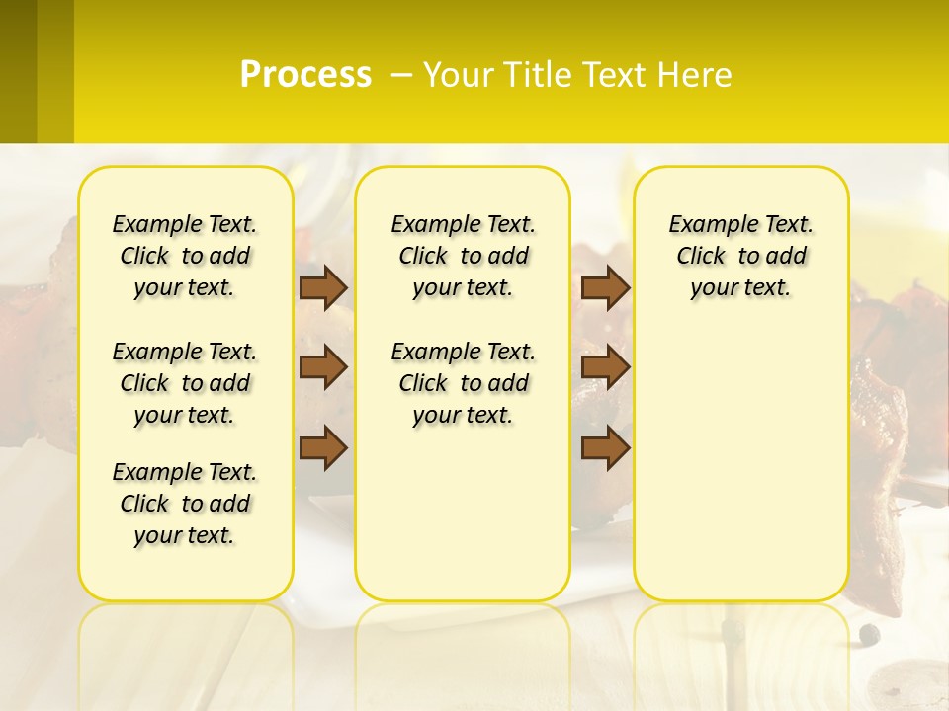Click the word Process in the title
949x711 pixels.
tap(305, 75)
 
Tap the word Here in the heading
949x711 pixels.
tap(696, 75)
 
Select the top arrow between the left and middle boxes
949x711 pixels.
tap(323, 288)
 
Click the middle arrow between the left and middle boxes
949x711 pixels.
tap(323, 368)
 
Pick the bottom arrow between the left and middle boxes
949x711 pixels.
tap(323, 447)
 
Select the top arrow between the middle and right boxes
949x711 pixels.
tap(605, 288)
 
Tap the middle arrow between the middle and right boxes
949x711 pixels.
tap(605, 368)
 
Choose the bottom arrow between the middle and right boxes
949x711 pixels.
tap(605, 447)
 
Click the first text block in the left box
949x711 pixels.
tap(185, 256)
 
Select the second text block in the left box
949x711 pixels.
tap(185, 383)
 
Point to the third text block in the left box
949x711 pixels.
tap(185, 504)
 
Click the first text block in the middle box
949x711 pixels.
tap(463, 256)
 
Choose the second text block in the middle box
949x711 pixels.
tap(463, 383)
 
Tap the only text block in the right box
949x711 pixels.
tap(740, 256)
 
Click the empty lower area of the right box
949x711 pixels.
tap(740, 474)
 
